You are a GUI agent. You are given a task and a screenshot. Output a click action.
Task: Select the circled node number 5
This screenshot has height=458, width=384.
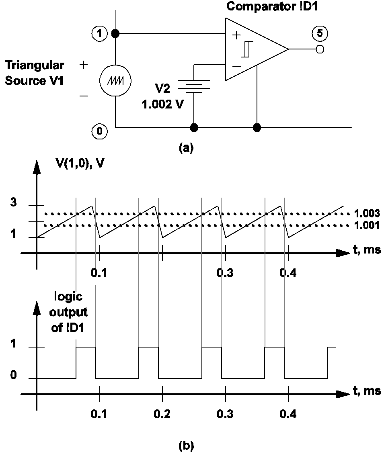click(x=320, y=34)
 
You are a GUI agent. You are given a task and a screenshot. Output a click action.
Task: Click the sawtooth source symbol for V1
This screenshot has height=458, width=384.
click(x=115, y=80)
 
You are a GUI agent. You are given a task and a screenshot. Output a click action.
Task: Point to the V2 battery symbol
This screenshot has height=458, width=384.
click(x=194, y=85)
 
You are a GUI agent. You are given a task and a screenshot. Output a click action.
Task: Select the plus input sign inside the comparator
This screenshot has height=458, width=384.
click(x=237, y=35)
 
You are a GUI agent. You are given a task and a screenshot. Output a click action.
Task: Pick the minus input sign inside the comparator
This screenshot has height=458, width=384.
click(x=237, y=65)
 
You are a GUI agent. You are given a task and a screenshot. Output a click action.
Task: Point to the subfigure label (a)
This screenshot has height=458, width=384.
click(x=186, y=147)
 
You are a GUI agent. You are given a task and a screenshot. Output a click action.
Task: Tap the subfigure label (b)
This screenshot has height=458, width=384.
click(x=186, y=445)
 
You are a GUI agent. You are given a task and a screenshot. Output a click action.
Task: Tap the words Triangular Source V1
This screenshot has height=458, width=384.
click(x=35, y=73)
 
